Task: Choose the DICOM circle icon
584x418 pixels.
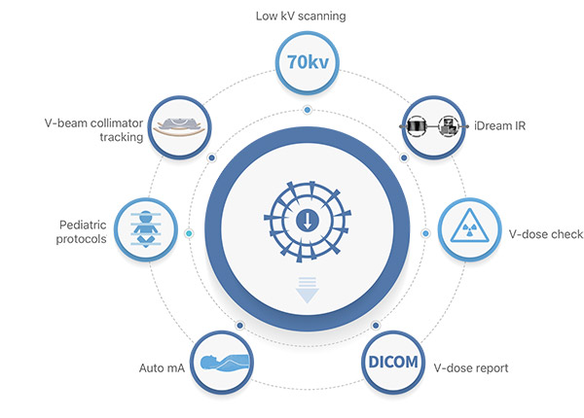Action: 395,363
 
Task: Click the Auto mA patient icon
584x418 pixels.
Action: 224,364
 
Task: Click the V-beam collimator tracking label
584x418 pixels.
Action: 93,129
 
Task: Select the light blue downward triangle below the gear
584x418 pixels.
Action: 307,291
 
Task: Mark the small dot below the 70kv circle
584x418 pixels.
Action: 307,110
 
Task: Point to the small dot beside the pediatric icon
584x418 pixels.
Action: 189,233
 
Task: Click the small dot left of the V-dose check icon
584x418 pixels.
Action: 424,233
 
